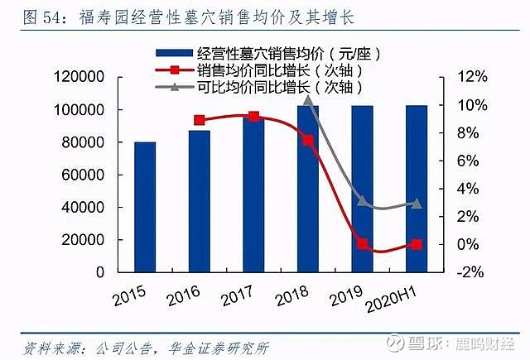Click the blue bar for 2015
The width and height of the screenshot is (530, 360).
(145, 207)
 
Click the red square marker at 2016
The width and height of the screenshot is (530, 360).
(200, 120)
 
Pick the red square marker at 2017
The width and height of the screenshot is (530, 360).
(253, 117)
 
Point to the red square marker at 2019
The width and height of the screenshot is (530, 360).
(362, 244)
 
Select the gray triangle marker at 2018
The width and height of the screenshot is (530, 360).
(308, 100)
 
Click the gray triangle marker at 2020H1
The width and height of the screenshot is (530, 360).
(417, 203)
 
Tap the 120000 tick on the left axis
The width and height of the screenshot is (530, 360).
(78, 77)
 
